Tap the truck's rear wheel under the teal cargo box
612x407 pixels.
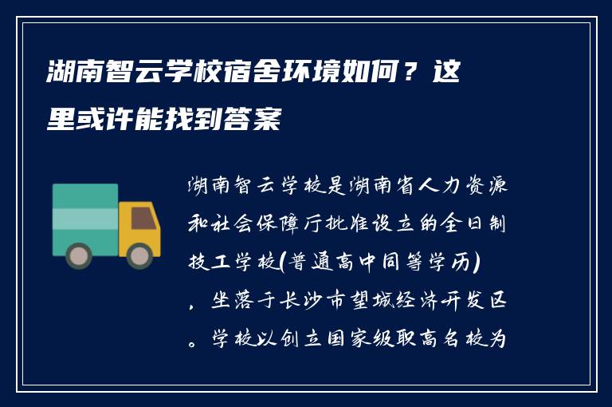point(79,255)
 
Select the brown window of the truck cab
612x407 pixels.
point(143,218)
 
